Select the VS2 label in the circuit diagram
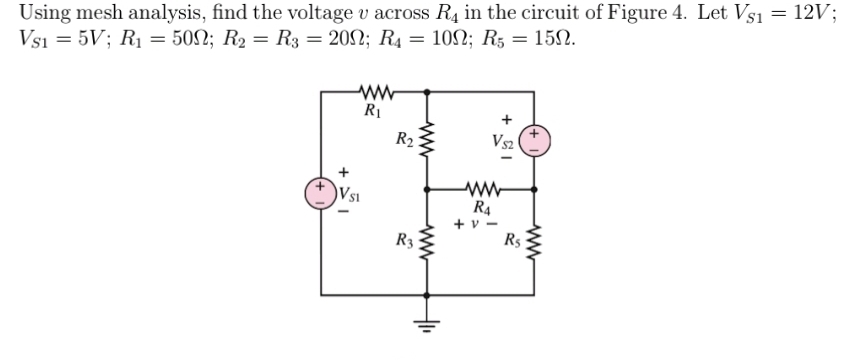pos(503,142)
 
